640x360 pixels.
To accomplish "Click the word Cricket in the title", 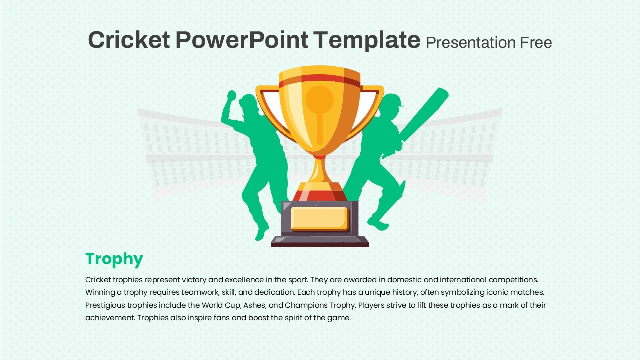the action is (x=129, y=40).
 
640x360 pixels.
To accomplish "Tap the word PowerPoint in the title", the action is (x=242, y=40).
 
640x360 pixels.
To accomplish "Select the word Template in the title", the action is (x=367, y=41).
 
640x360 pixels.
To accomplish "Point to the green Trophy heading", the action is (x=114, y=259).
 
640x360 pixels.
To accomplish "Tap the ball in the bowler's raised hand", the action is (x=231, y=95).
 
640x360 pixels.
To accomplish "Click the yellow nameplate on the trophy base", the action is (x=320, y=219).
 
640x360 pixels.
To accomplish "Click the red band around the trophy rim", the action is (x=319, y=80).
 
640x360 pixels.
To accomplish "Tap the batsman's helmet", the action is (x=393, y=101).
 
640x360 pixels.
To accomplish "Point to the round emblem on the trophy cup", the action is (x=320, y=99).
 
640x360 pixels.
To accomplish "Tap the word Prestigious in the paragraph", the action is (x=105, y=305).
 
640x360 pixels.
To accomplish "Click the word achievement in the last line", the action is (x=110, y=318).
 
